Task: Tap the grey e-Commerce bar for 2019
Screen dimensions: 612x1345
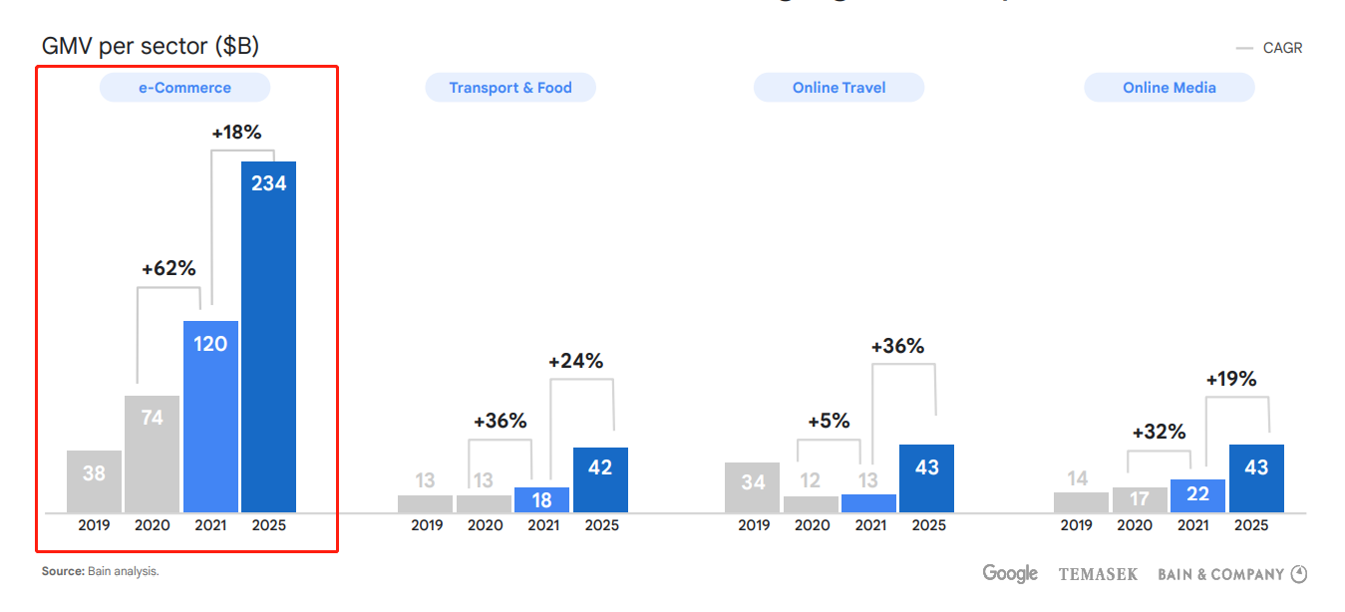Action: pyautogui.click(x=94, y=481)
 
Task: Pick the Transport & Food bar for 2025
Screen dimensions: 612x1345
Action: pyautogui.click(x=600, y=479)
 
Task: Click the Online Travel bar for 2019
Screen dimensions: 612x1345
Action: pyautogui.click(x=753, y=487)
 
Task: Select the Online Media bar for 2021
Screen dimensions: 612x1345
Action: pyautogui.click(x=1197, y=495)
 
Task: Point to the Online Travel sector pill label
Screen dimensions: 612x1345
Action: pyautogui.click(x=839, y=88)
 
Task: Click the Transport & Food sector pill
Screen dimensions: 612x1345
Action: pyautogui.click(x=510, y=88)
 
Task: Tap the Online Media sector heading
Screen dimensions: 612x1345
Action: pyautogui.click(x=1169, y=88)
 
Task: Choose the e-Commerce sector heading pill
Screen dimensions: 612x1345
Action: pyautogui.click(x=184, y=88)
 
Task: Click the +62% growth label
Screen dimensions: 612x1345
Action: pyautogui.click(x=168, y=268)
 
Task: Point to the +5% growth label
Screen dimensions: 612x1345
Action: pyautogui.click(x=829, y=421)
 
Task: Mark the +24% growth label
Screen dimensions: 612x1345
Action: pyautogui.click(x=576, y=361)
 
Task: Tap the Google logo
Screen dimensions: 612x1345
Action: pyautogui.click(x=1010, y=573)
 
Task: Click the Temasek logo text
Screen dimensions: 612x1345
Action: pyautogui.click(x=1098, y=574)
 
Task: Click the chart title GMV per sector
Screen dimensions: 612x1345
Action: pyautogui.click(x=151, y=46)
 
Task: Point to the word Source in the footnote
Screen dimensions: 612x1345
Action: pyautogui.click(x=61, y=571)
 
